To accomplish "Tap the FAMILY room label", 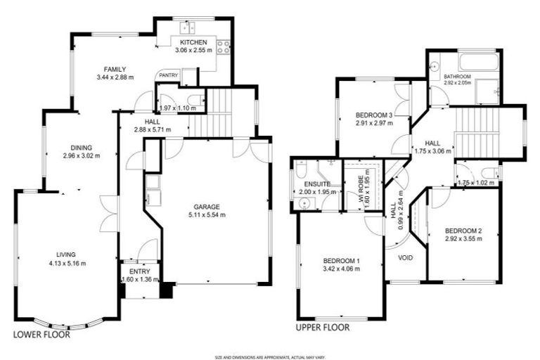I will [115, 69].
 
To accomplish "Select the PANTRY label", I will [168, 75].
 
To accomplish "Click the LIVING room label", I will [66, 255].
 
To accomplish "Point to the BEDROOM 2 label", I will [462, 231].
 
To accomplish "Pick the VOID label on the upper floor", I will [406, 257].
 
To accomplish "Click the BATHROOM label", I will [456, 76].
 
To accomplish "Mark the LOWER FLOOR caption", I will [42, 335].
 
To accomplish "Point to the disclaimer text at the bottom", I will [270, 357].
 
